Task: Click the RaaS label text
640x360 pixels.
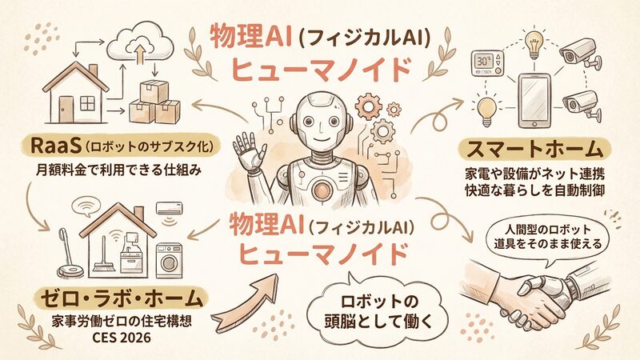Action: click(55, 146)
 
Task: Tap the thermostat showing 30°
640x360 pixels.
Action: click(487, 63)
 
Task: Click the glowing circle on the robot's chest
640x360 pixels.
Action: click(321, 189)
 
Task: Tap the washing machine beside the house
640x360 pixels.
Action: click(169, 261)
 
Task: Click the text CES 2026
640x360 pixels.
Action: click(122, 338)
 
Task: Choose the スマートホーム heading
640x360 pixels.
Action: click(534, 150)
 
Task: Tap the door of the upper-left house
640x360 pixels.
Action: click(65, 109)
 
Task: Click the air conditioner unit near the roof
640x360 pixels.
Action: click(170, 208)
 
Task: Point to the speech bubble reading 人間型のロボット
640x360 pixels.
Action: click(547, 238)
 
